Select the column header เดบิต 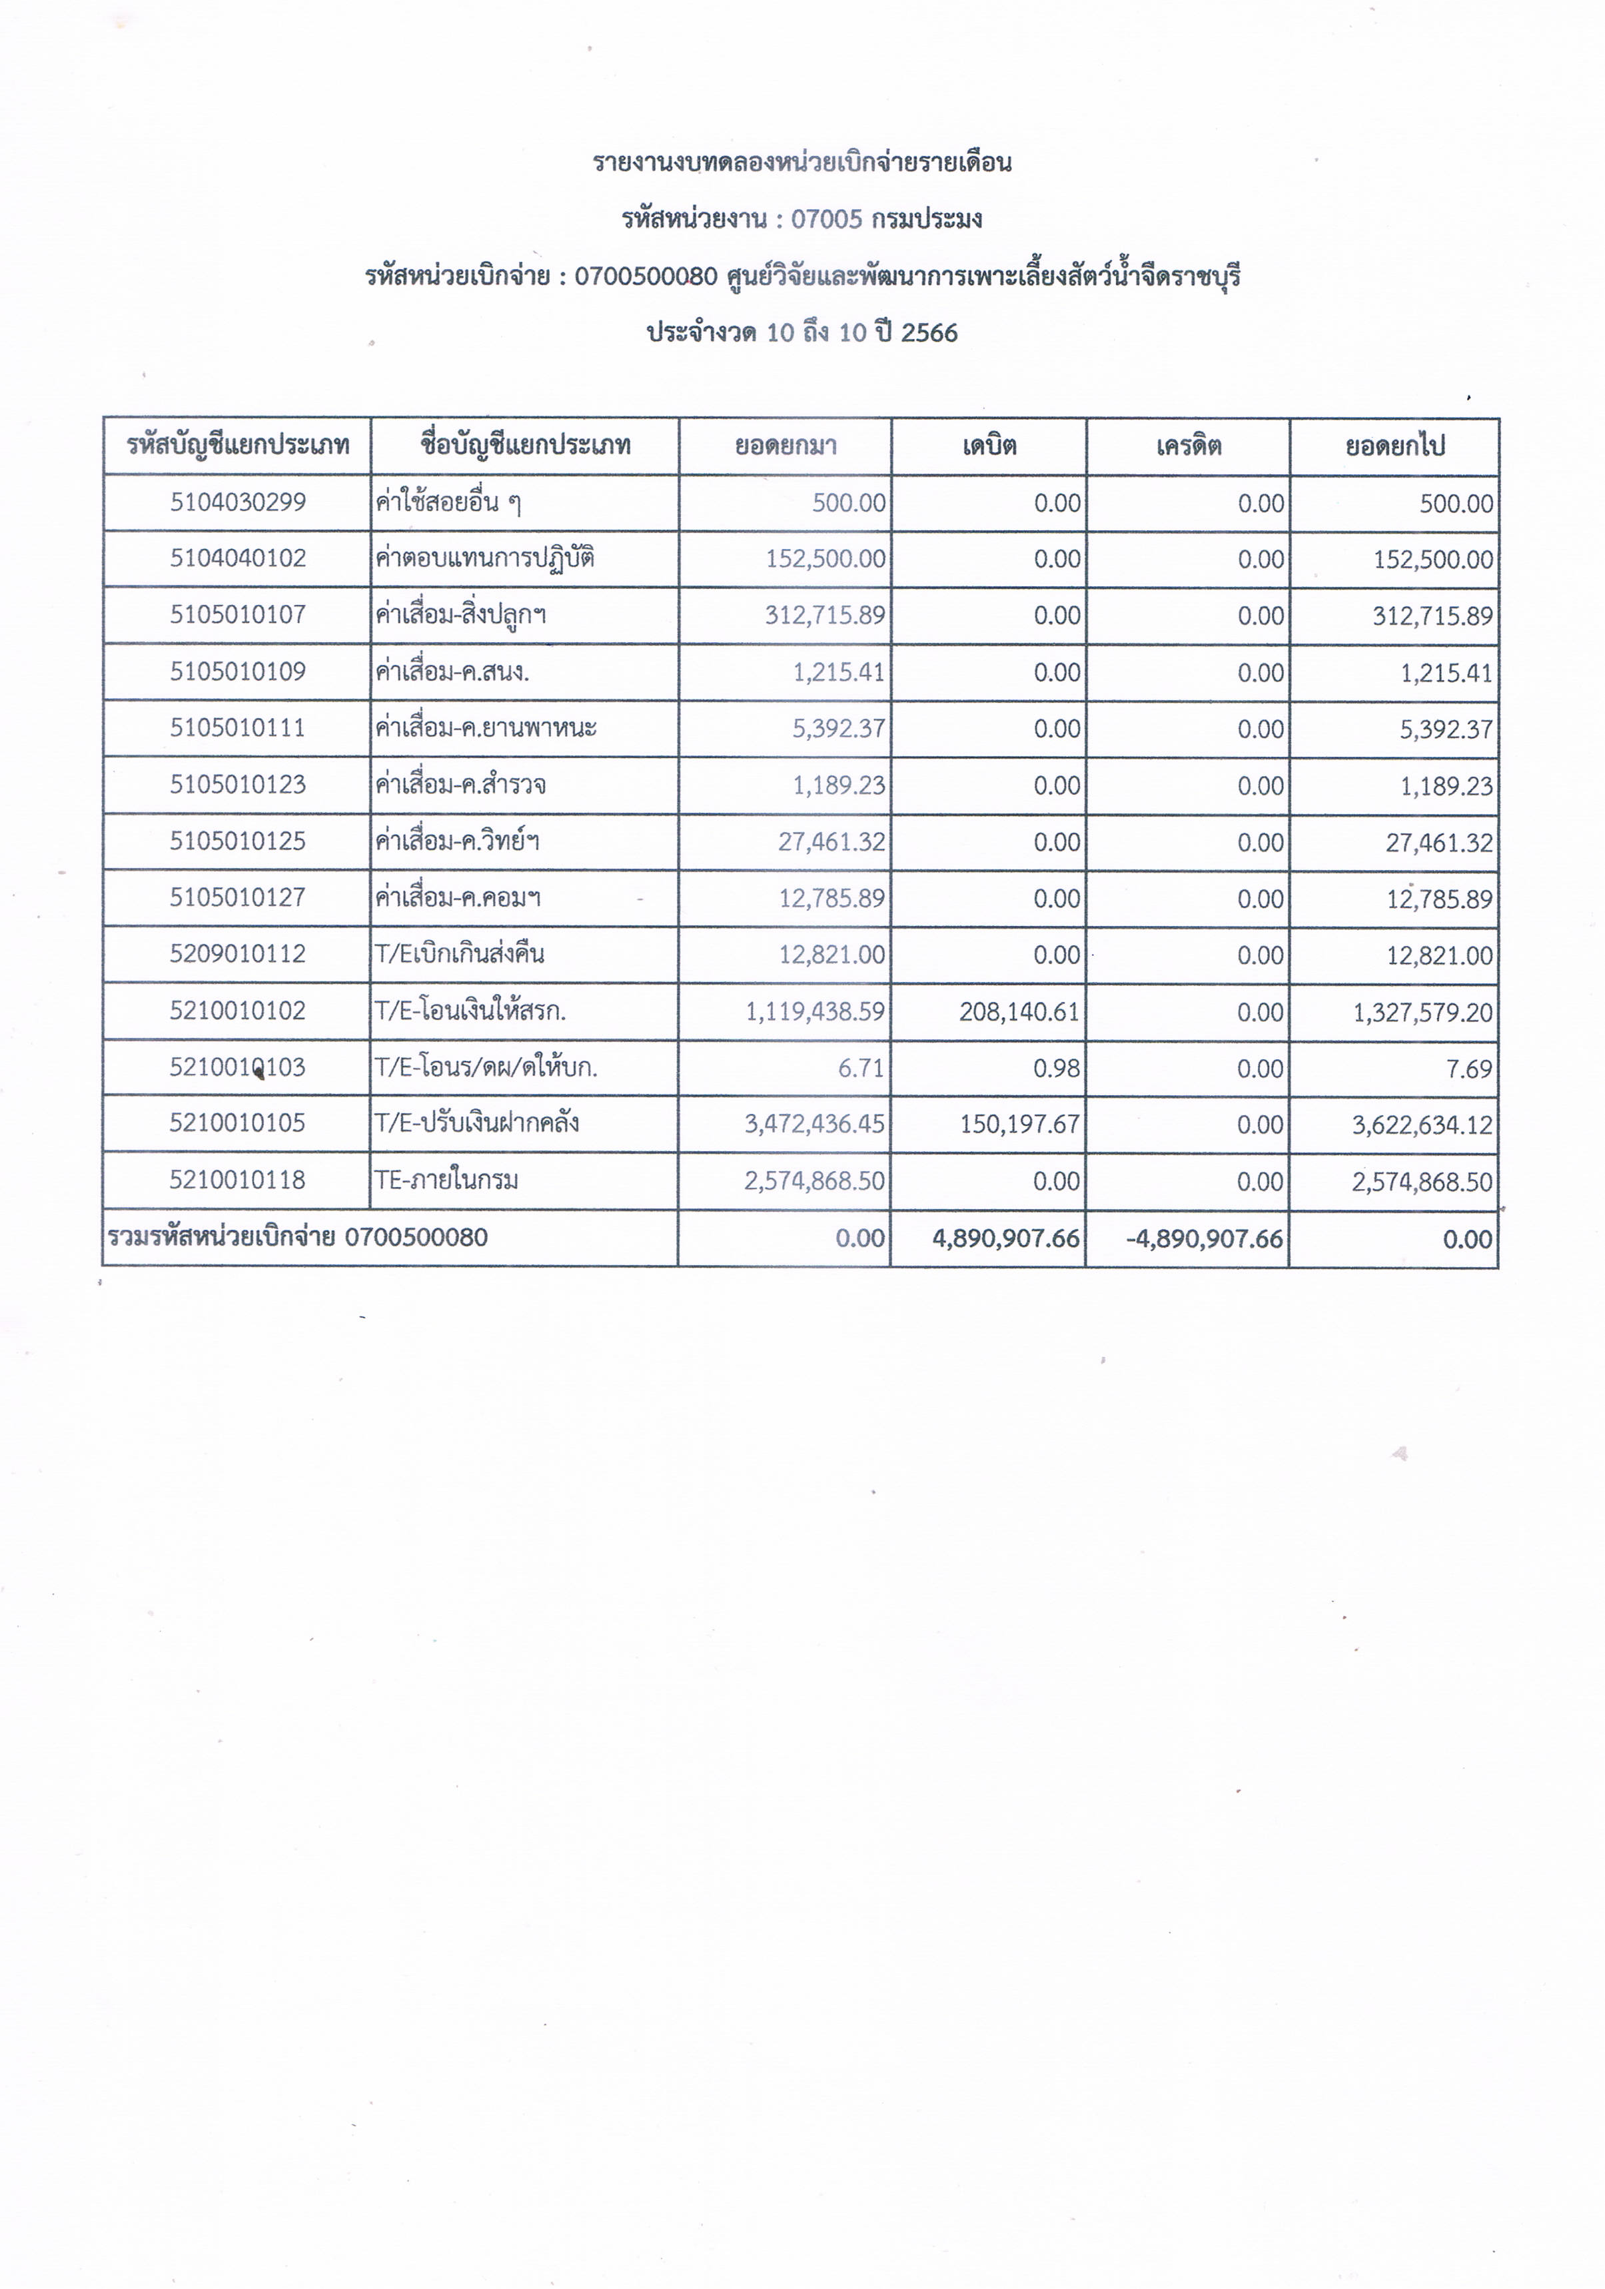989,446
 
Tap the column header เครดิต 1189,446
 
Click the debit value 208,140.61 1019,1012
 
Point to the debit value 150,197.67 1019,1125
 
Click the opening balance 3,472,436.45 813,1125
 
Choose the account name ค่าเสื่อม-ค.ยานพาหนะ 486,727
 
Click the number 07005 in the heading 826,219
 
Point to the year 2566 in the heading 929,333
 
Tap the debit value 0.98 1057,1069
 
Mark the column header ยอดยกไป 1394,446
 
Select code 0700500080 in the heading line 646,276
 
